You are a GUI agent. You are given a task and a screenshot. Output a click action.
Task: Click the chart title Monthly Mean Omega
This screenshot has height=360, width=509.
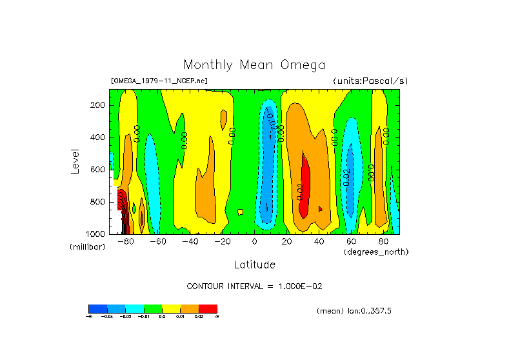coord(254,65)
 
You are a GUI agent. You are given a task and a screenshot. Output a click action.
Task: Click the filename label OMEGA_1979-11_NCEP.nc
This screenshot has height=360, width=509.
coord(159,81)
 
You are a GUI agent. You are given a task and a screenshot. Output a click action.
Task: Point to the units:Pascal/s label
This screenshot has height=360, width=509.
coord(370,81)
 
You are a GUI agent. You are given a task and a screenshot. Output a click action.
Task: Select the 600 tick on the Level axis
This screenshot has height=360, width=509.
coord(98,170)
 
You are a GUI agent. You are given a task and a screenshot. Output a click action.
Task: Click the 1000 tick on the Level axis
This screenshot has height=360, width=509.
coord(96,234)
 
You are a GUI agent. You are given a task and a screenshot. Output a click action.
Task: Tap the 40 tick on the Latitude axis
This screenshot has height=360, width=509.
coord(319,242)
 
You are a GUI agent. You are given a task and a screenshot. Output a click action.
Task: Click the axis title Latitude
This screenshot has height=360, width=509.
coord(254,265)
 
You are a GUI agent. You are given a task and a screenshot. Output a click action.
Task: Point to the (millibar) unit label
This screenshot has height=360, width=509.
coord(87,247)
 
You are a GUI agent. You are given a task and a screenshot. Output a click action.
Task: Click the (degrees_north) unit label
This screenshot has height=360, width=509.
coord(375,252)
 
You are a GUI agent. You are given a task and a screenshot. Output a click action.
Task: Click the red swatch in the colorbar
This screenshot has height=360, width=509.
coord(208,308)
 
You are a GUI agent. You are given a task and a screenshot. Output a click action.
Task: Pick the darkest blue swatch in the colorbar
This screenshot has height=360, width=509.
coord(97,308)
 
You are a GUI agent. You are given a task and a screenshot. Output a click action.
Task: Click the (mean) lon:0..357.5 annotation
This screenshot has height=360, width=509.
coord(354,311)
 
